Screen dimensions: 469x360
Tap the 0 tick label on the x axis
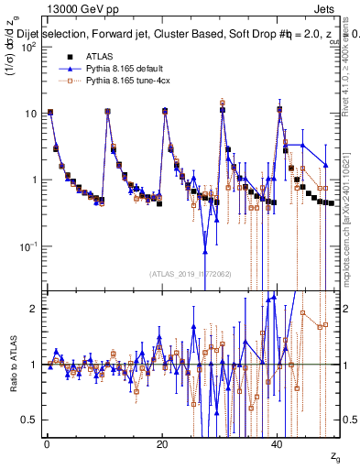(x=47, y=443)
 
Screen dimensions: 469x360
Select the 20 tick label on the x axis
(x=162, y=443)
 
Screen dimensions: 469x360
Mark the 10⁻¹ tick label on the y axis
(x=28, y=246)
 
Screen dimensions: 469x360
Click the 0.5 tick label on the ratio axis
(x=30, y=420)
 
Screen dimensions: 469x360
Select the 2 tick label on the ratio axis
(x=35, y=309)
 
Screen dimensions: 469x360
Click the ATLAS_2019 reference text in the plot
(x=190, y=273)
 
